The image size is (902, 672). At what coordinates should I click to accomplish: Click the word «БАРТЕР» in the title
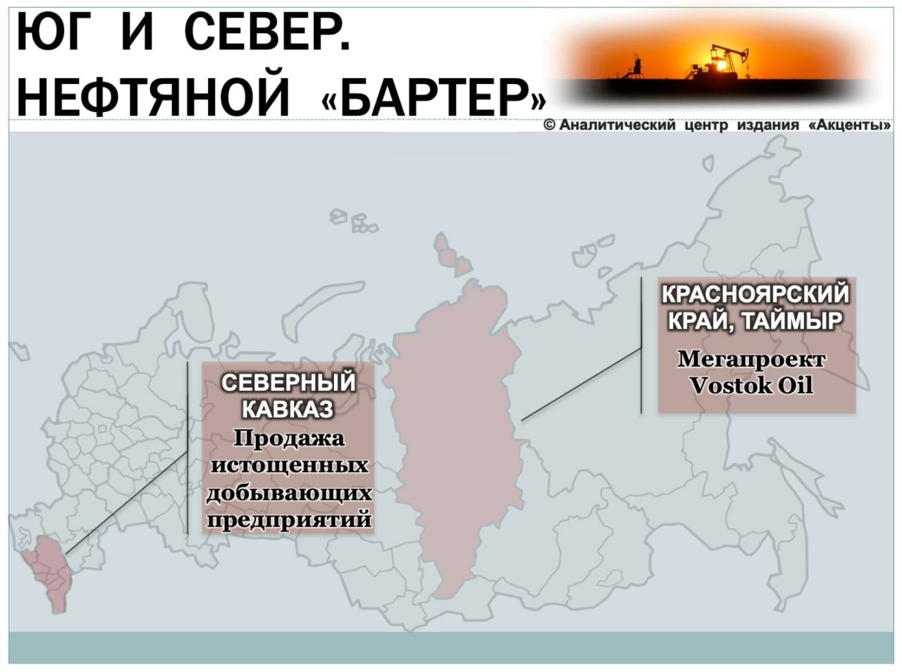(x=433, y=99)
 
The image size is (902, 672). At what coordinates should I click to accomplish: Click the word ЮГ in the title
(x=48, y=32)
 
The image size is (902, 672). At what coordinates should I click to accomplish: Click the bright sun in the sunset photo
(x=721, y=65)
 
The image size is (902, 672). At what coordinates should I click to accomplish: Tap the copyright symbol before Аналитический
(x=550, y=126)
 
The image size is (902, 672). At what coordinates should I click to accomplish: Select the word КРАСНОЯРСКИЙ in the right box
(x=755, y=294)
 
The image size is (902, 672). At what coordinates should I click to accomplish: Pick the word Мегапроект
(x=751, y=360)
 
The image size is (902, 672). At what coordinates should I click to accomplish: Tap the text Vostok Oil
(x=751, y=386)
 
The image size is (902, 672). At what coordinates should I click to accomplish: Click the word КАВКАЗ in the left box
(x=288, y=409)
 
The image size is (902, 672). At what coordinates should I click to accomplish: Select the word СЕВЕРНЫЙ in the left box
(x=288, y=383)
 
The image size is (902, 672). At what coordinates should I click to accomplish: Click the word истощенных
(x=289, y=465)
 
